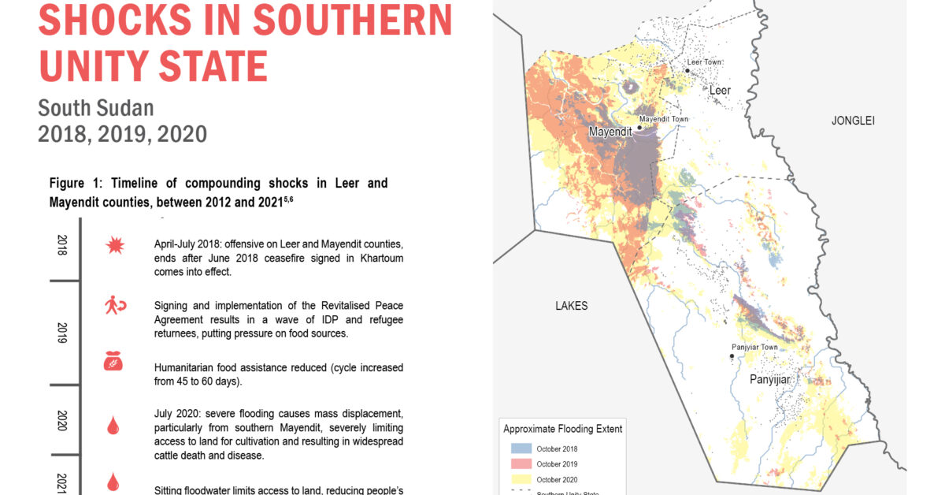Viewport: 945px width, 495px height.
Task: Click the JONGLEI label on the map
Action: click(853, 121)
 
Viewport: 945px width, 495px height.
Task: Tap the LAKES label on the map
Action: click(571, 306)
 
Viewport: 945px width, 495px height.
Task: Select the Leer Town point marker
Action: click(687, 71)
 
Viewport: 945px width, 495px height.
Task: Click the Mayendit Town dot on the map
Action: click(640, 128)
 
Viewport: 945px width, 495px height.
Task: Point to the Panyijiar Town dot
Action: click(732, 356)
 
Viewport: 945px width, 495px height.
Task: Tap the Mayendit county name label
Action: click(610, 132)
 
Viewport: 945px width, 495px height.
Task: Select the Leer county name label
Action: click(720, 91)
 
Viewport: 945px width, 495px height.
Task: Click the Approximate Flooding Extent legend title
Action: click(563, 429)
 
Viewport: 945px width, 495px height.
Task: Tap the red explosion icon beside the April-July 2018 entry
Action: click(115, 246)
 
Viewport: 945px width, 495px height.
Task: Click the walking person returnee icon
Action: click(115, 306)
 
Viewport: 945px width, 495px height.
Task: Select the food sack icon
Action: click(115, 362)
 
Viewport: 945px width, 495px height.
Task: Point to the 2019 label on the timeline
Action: click(62, 332)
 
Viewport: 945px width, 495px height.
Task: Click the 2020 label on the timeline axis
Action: click(62, 419)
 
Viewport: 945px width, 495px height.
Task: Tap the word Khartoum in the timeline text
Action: click(380, 258)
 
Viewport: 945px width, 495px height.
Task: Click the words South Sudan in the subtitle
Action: click(95, 107)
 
